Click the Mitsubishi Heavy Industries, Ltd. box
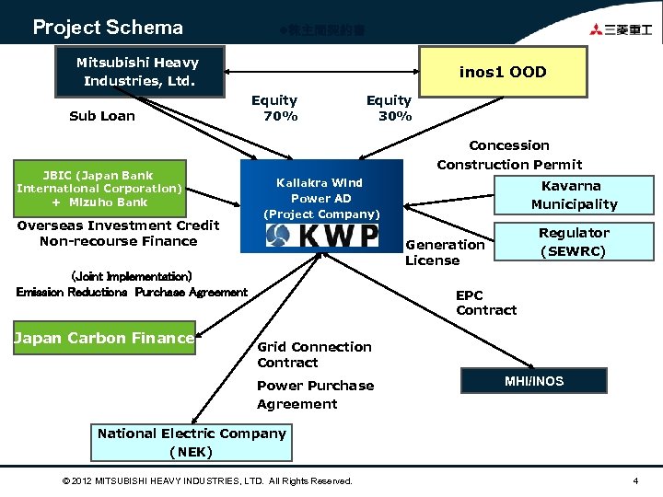pyautogui.click(x=138, y=72)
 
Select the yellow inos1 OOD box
pyautogui.click(x=503, y=72)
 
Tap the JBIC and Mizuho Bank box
pyautogui.click(x=99, y=188)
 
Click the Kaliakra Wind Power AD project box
pyautogui.click(x=321, y=197)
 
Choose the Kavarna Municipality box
pyautogui.click(x=574, y=195)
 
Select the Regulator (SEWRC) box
pyautogui.click(x=573, y=242)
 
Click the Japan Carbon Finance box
pyautogui.click(x=104, y=339)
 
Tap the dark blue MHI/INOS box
pyautogui.click(x=534, y=381)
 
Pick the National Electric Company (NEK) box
pyautogui.click(x=192, y=442)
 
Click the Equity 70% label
pyautogui.click(x=274, y=108)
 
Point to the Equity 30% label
pyautogui.click(x=390, y=108)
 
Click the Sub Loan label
pyautogui.click(x=102, y=116)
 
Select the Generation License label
pyautogui.click(x=445, y=252)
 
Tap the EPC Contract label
pyautogui.click(x=486, y=303)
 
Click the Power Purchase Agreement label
pyautogui.click(x=315, y=395)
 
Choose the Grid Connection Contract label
pyautogui.click(x=314, y=354)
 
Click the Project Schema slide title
pyautogui.click(x=108, y=28)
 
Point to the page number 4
pyautogui.click(x=635, y=480)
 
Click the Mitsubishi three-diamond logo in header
pyautogui.click(x=599, y=29)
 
